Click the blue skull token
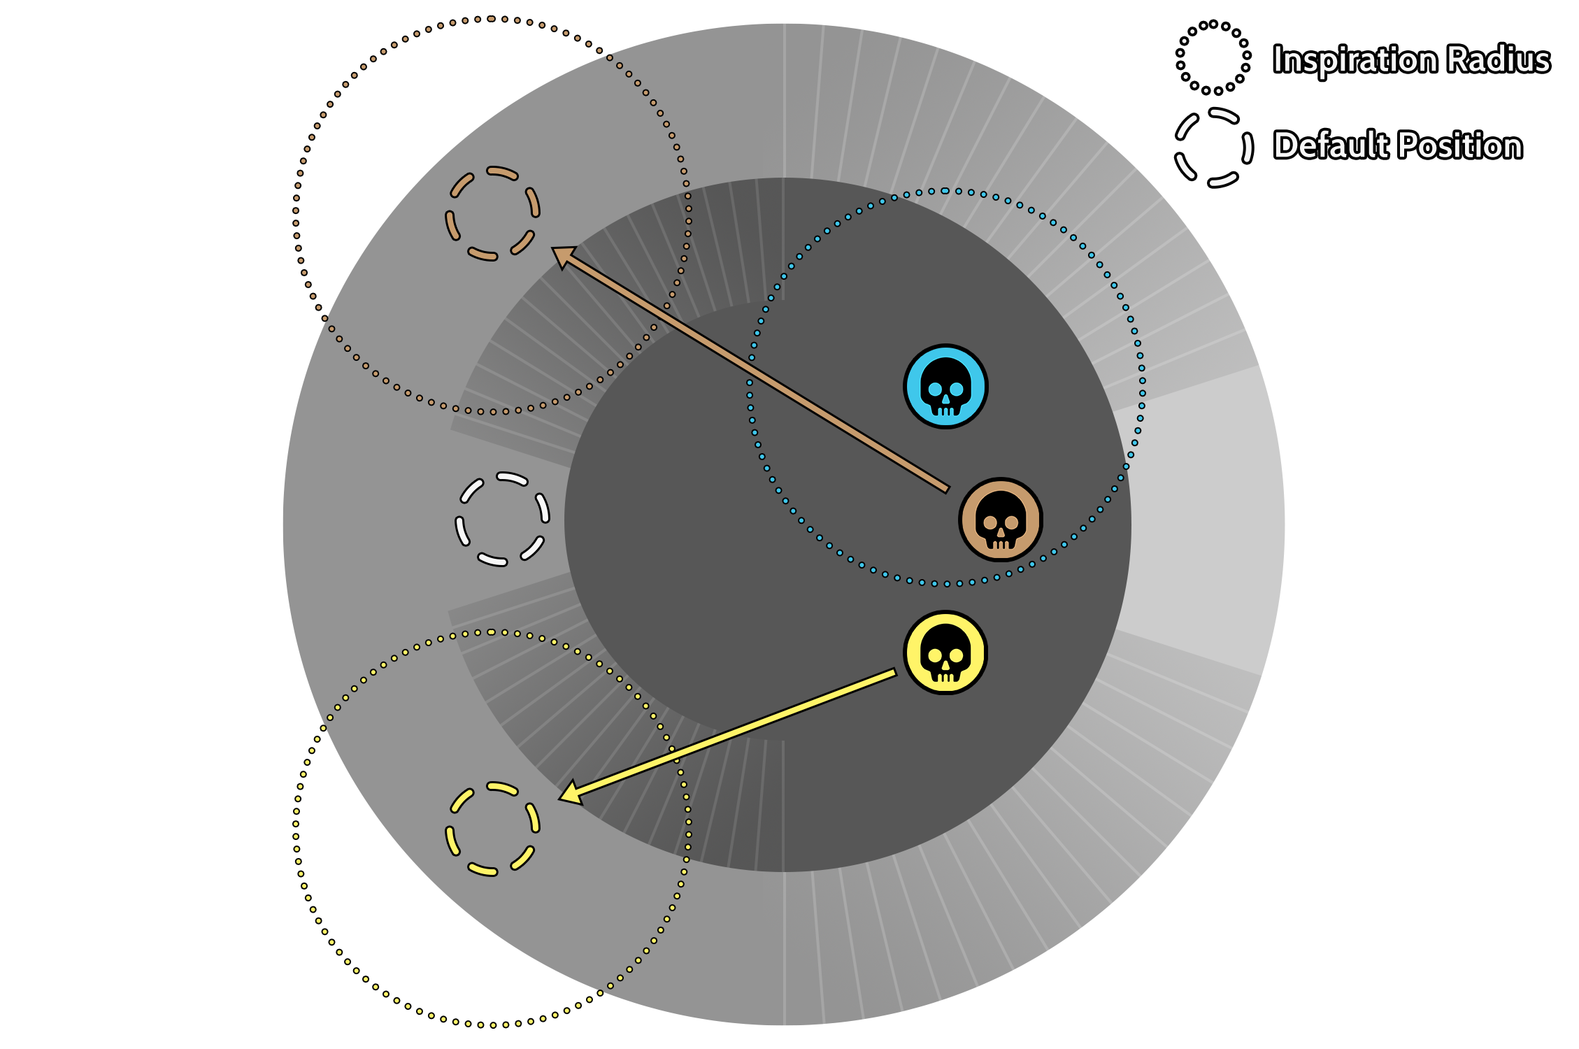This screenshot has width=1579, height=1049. click(x=945, y=386)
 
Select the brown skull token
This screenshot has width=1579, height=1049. click(x=1001, y=520)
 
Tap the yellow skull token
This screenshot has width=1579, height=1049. click(x=945, y=652)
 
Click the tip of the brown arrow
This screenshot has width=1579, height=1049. click(x=552, y=248)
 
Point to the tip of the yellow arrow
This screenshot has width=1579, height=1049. click(x=559, y=799)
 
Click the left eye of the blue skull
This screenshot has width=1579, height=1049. click(x=935, y=390)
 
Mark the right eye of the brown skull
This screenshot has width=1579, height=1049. click(x=1012, y=522)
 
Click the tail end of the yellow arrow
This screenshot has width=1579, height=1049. click(x=896, y=673)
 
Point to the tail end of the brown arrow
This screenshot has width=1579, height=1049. click(x=948, y=490)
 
